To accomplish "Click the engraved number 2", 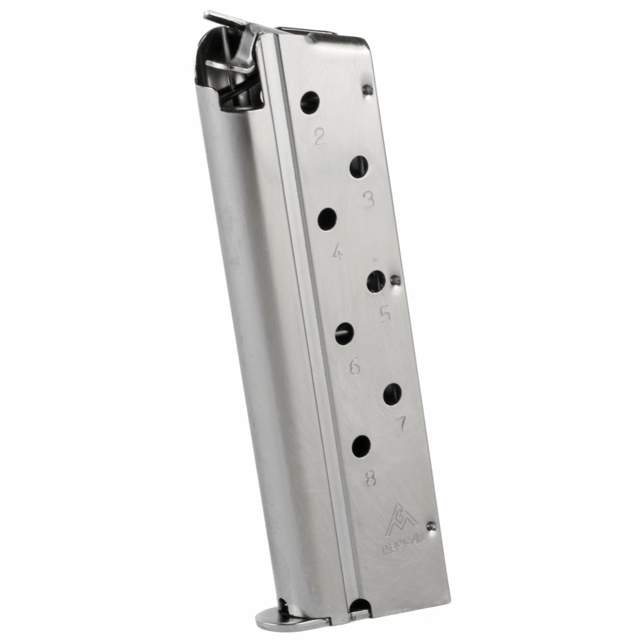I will pyautogui.click(x=319, y=136).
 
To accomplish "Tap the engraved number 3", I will pyautogui.click(x=368, y=201).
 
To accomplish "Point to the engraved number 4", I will pyautogui.click(x=337, y=253).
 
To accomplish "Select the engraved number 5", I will pyautogui.click(x=385, y=314).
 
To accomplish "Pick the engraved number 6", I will pyautogui.click(x=354, y=367).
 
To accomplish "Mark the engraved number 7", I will pyautogui.click(x=401, y=424).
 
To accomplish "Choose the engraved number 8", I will pyautogui.click(x=371, y=478).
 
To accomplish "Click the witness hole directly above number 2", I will pyautogui.click(x=310, y=102).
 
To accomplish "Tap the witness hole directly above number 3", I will pyautogui.click(x=359, y=167).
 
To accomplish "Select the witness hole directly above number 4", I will pyautogui.click(x=327, y=219).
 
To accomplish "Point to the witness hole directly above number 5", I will pyautogui.click(x=376, y=281).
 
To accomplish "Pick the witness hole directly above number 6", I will pyautogui.click(x=345, y=333).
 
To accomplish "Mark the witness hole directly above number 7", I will pyautogui.click(x=392, y=394).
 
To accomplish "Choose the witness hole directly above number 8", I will pyautogui.click(x=361, y=446).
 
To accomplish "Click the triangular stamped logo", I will pyautogui.click(x=401, y=520).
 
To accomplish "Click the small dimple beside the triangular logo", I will pyautogui.click(x=431, y=526).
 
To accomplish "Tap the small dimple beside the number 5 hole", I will pyautogui.click(x=396, y=280).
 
